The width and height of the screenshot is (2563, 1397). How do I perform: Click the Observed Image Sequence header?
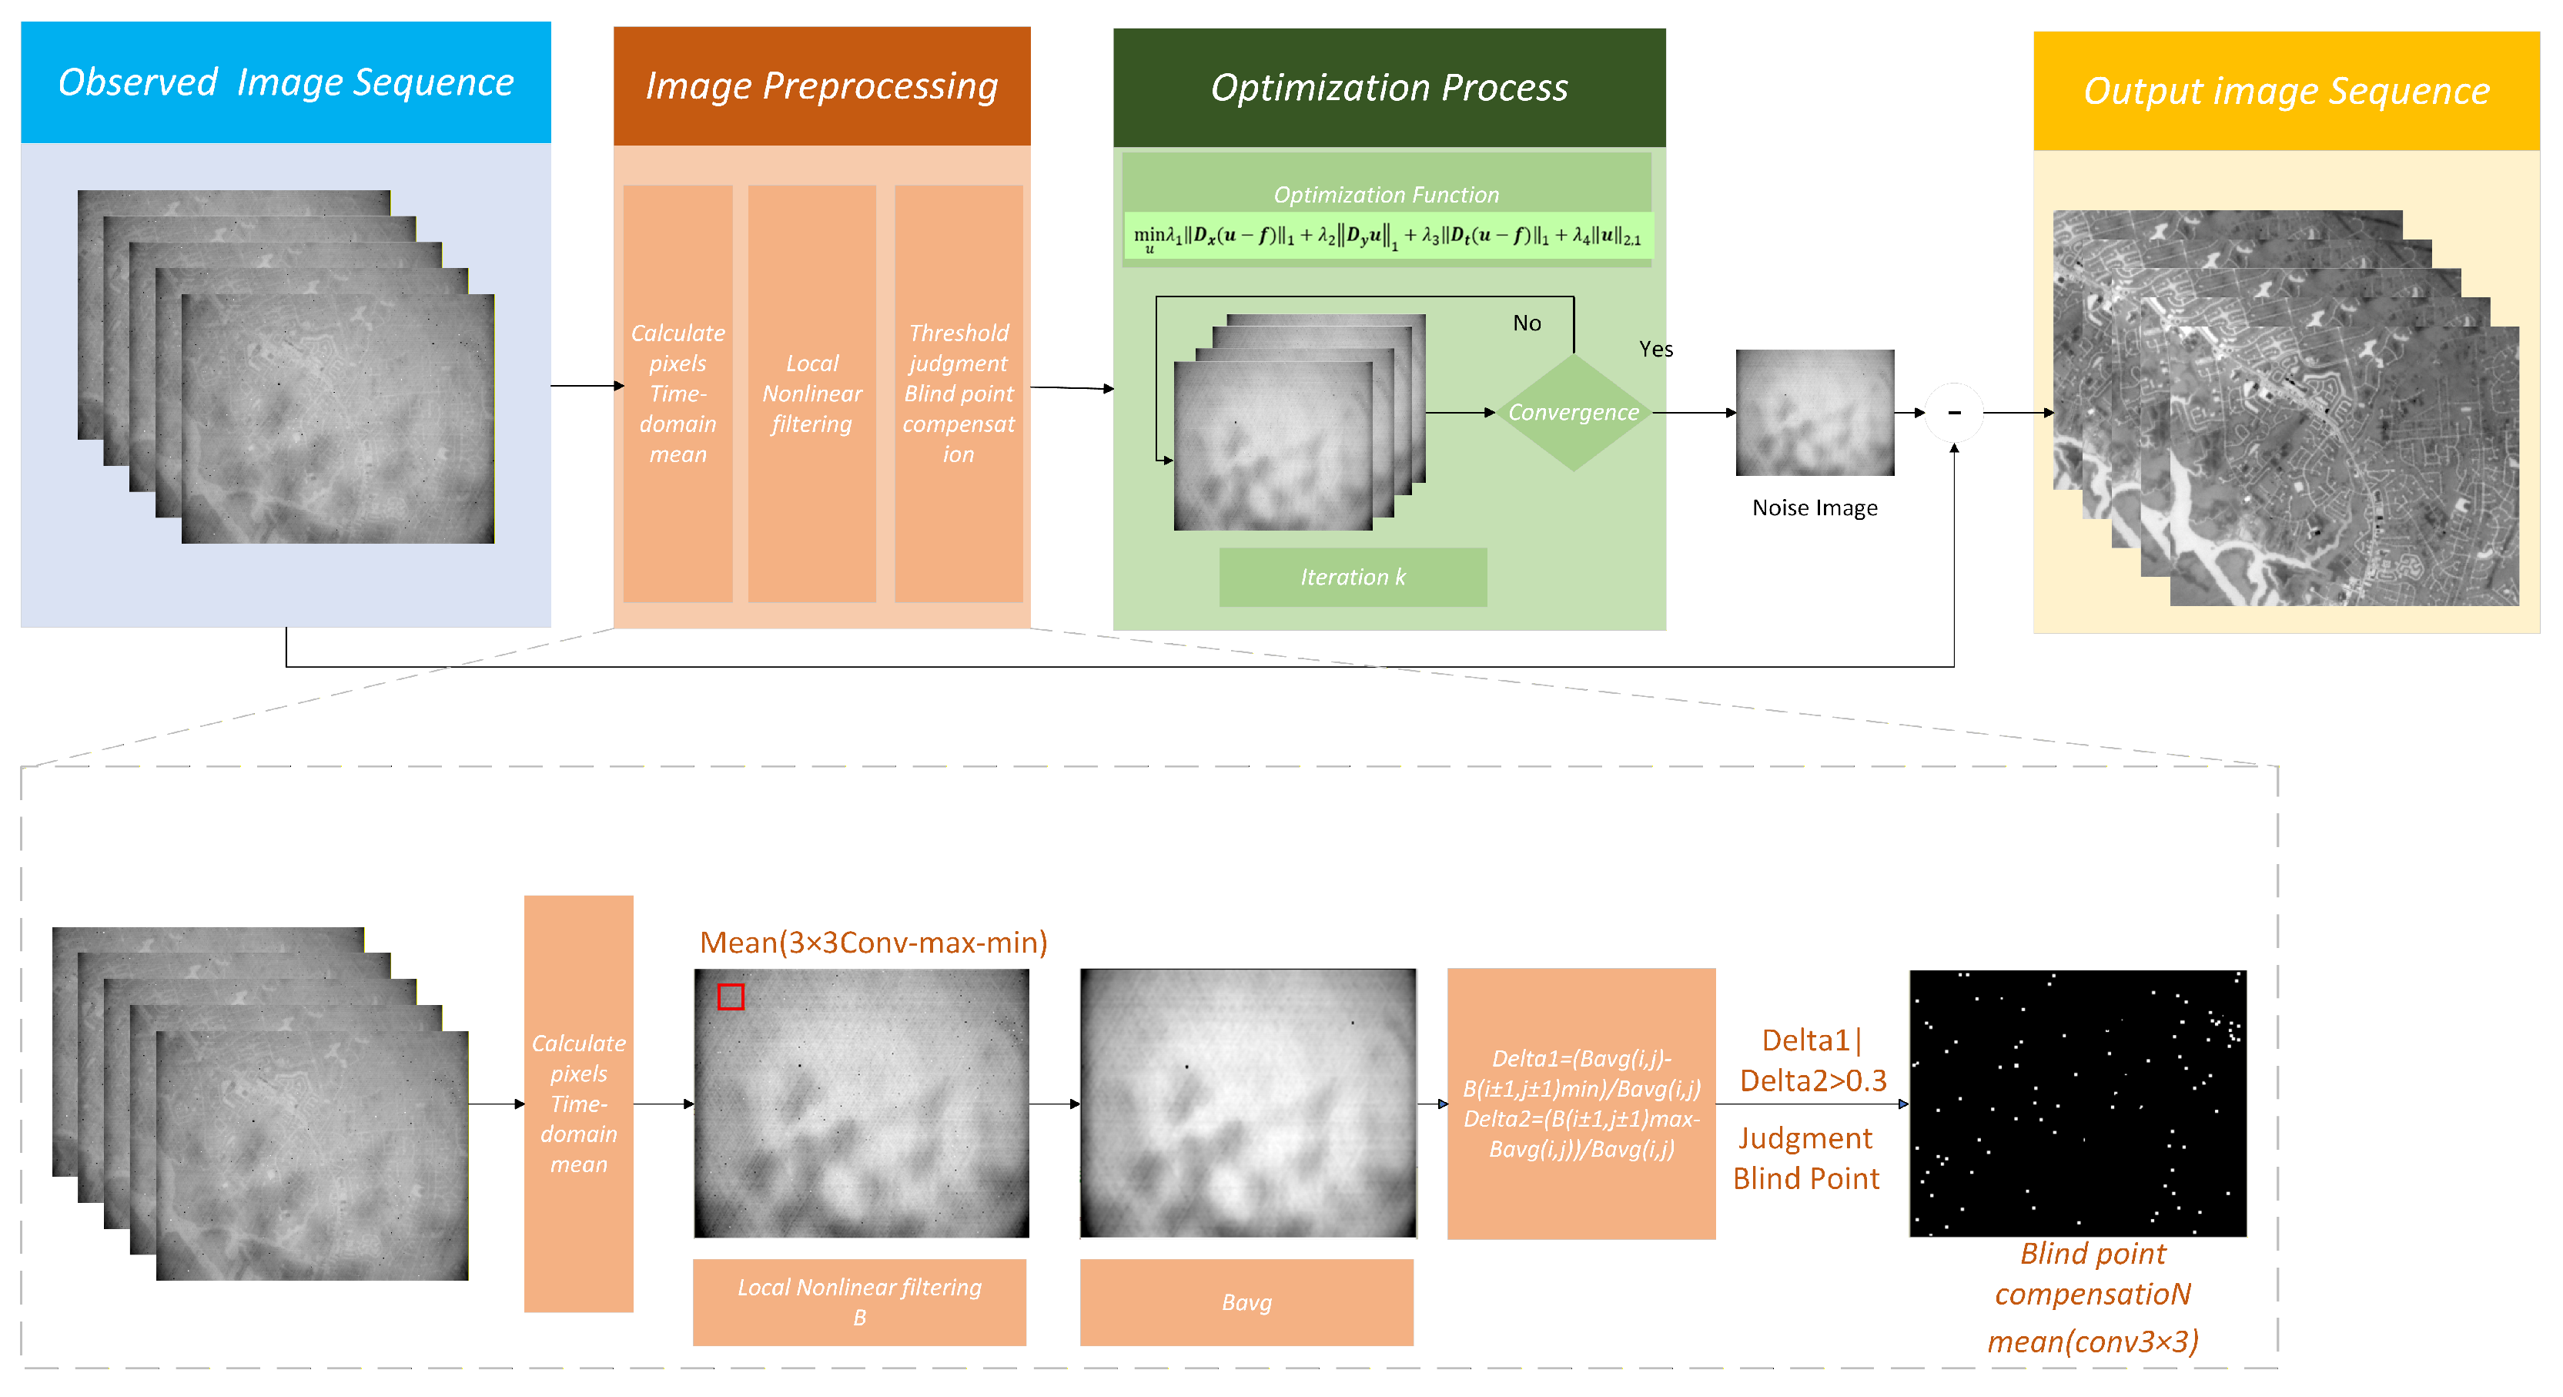coord(286,82)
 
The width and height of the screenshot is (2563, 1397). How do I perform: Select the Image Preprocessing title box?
coord(821,86)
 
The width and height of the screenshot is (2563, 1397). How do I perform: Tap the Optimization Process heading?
coord(1388,89)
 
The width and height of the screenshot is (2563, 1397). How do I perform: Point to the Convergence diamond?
coord(1572,412)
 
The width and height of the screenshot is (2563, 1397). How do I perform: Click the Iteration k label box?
coord(1352,577)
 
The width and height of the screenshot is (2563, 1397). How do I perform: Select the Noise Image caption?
coord(1814,508)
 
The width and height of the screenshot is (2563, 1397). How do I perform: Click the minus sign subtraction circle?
coord(1953,413)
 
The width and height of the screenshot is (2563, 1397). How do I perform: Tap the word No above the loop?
coord(1526,323)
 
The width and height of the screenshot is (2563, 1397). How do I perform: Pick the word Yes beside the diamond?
coord(1655,350)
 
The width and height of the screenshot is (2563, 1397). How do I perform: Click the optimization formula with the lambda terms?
coord(1386,237)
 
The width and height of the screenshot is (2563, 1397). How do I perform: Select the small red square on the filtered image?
coord(731,996)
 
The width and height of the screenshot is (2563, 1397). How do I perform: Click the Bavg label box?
coord(1246,1302)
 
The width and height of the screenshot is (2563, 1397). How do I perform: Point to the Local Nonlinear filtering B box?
coord(858,1302)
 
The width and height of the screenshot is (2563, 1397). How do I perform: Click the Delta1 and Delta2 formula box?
coord(1580,1104)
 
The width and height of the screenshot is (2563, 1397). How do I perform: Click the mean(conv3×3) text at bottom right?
coord(2093,1342)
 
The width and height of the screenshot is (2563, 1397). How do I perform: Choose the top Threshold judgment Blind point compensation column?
coord(958,393)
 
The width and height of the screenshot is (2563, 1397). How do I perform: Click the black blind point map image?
coord(2076,1104)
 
